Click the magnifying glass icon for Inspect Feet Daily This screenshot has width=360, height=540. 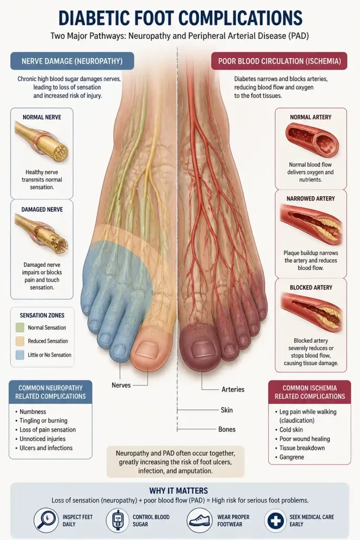coord(46,520)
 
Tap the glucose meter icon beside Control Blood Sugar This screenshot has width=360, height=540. coord(118,520)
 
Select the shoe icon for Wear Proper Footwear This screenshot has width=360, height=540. coord(199,520)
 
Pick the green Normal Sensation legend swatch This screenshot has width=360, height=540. coord(20,327)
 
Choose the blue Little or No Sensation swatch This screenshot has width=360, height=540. coord(20,355)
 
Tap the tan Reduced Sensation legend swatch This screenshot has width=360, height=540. coord(20,341)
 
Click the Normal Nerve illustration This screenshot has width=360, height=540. coord(41,142)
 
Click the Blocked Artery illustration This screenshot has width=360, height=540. coord(312,312)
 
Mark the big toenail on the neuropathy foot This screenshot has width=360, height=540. coord(147,349)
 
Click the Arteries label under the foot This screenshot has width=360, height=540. coord(233,390)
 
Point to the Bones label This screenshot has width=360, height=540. coord(227,429)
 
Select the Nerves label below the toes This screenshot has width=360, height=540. coord(121,385)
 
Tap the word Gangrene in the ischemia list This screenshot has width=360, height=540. coord(292,457)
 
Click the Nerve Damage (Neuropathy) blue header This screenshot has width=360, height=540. coord(72,61)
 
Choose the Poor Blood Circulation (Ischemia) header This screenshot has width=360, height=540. coord(279,61)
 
